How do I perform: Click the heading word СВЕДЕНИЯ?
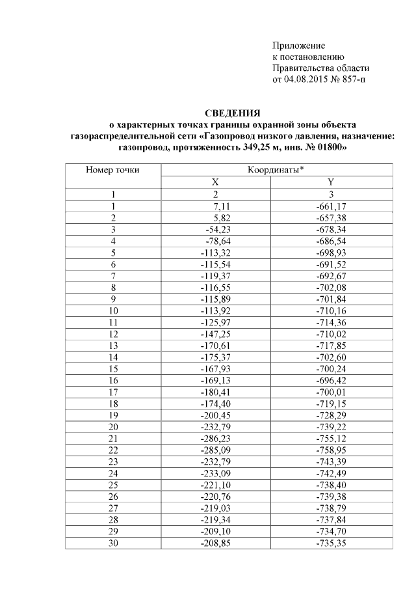232,113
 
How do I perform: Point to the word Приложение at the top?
298,46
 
